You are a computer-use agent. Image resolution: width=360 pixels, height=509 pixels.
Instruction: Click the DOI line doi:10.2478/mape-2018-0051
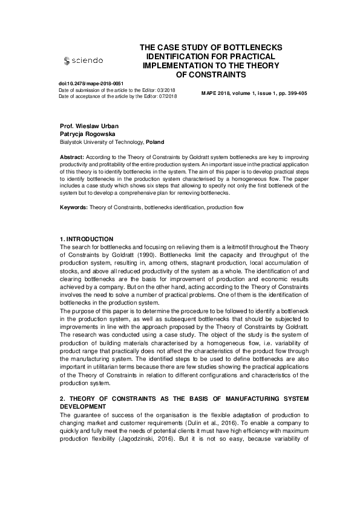(x=91, y=83)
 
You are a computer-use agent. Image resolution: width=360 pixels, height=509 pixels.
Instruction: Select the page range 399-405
(x=295, y=94)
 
